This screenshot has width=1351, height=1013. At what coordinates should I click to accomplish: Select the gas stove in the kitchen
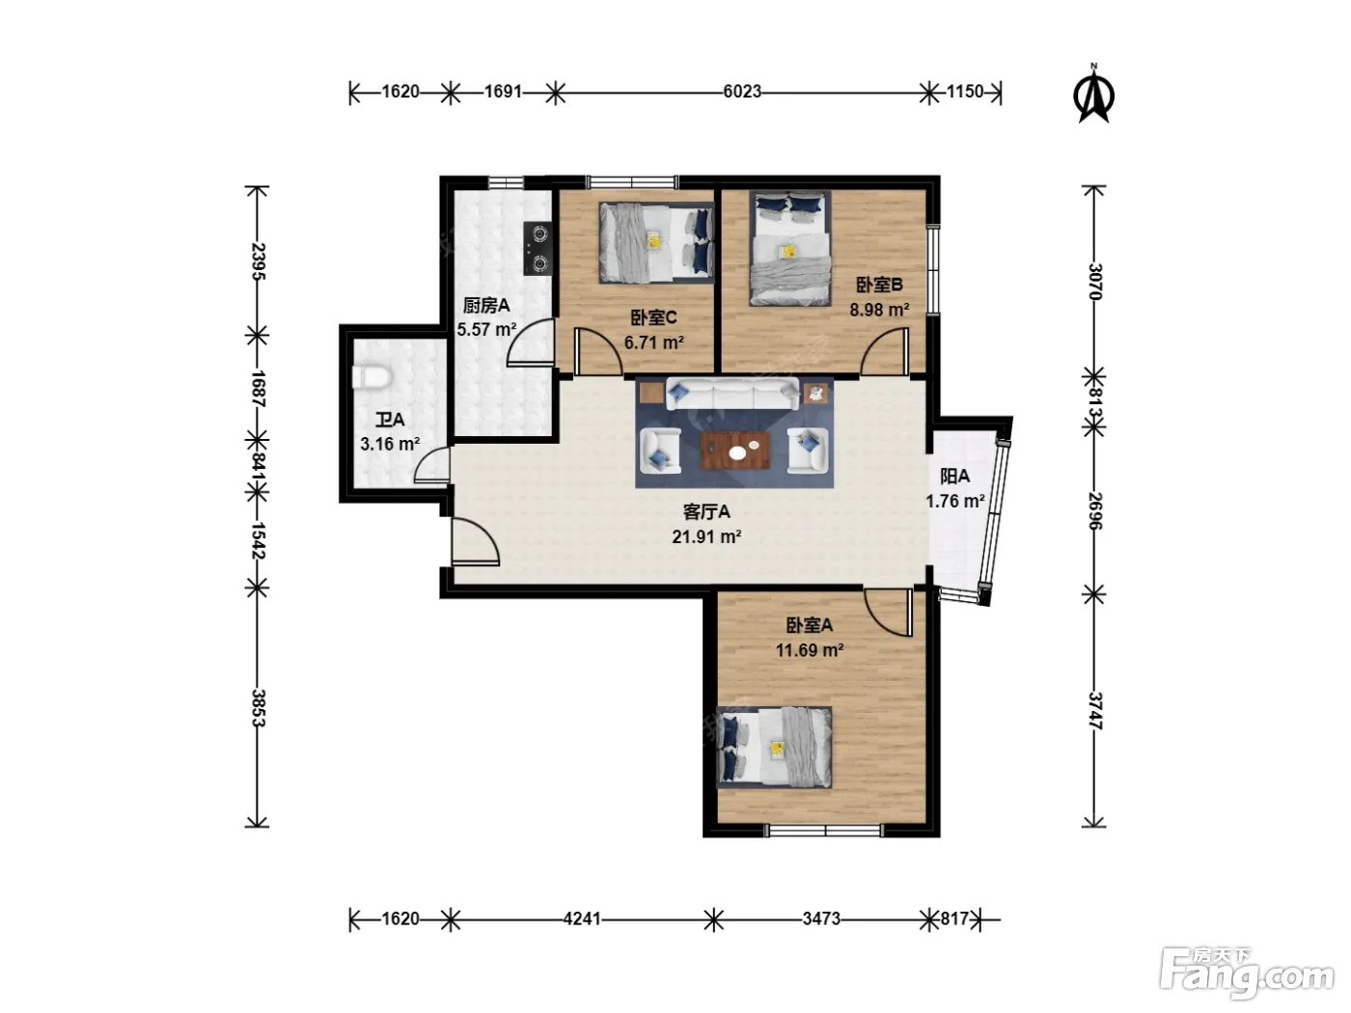click(538, 249)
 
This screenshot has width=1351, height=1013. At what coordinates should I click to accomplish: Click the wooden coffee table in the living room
click(735, 451)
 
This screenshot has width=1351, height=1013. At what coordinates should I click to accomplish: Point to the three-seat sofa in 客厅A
click(732, 394)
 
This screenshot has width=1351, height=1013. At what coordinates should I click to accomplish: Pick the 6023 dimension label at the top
click(742, 92)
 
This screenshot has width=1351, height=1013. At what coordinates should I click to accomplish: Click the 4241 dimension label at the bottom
click(582, 918)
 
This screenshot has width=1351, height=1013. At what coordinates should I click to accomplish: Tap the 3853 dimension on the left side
click(259, 708)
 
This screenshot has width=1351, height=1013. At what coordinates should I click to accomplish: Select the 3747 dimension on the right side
click(1094, 711)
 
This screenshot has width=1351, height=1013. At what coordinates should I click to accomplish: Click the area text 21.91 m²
click(706, 537)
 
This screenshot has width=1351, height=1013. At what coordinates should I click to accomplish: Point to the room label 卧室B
click(879, 285)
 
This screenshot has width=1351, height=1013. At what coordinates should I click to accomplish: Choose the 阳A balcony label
click(954, 476)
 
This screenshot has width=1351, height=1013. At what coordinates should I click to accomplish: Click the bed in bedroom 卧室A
click(775, 748)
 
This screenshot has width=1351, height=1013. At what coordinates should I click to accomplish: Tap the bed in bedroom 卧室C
click(657, 242)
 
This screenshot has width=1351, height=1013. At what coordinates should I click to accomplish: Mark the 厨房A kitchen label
click(486, 305)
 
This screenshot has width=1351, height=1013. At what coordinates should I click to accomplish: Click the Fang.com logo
click(1247, 977)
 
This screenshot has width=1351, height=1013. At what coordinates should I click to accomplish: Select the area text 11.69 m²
click(810, 650)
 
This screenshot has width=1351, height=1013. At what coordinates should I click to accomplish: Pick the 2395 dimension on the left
click(259, 262)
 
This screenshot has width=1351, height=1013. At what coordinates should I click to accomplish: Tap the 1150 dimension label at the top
click(964, 92)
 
